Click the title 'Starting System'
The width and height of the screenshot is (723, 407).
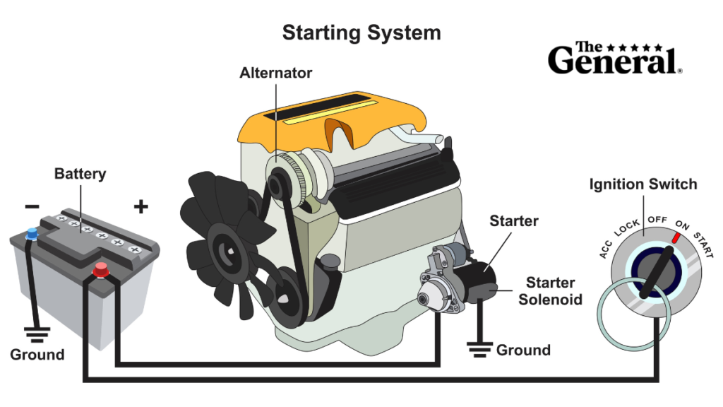point(361,33)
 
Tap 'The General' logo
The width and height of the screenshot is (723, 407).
point(614,58)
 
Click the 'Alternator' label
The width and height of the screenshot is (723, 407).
point(275,73)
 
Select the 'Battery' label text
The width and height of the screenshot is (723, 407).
point(80,174)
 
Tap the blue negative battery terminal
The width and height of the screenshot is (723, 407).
point(30,232)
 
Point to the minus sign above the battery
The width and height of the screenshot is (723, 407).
point(32,206)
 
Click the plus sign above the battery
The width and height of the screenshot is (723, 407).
point(141,206)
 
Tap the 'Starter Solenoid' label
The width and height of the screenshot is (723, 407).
point(550,291)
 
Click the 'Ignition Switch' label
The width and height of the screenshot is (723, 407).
point(643,185)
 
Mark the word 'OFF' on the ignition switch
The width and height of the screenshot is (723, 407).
point(657,220)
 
